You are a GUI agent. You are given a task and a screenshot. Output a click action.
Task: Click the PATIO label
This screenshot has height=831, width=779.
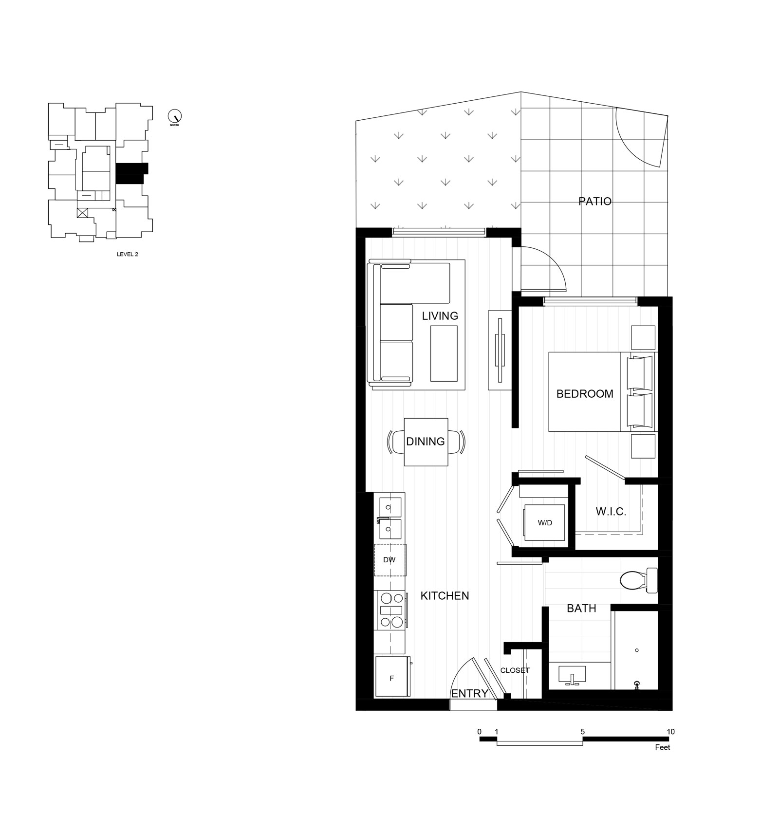click(595, 201)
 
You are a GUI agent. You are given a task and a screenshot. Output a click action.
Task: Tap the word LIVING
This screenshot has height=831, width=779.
click(440, 316)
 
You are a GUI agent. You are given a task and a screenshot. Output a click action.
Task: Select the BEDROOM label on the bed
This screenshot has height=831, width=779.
click(585, 394)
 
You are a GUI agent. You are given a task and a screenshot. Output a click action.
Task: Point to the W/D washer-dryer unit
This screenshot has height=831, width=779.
click(544, 523)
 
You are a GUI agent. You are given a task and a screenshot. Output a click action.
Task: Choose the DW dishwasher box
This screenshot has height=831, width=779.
click(389, 560)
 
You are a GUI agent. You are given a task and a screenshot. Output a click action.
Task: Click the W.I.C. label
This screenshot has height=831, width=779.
click(611, 512)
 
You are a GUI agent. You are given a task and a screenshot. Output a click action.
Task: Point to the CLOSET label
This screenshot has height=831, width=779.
click(515, 670)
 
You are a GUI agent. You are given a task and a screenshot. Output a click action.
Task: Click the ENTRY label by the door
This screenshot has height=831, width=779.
click(469, 693)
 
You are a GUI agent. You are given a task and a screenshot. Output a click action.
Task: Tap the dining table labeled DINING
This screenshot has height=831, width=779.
click(426, 442)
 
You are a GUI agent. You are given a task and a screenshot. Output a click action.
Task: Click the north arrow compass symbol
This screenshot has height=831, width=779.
click(174, 116)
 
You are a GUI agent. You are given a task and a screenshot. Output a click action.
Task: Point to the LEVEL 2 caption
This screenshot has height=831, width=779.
click(128, 254)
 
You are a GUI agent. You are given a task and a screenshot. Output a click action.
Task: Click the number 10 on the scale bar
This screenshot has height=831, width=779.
click(670, 732)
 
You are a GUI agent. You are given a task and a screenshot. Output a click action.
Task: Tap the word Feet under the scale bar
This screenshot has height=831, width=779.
click(662, 747)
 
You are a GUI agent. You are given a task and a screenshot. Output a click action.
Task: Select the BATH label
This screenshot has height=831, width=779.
click(581, 608)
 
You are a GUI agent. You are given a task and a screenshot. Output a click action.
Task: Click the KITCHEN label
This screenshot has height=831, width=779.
click(445, 595)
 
